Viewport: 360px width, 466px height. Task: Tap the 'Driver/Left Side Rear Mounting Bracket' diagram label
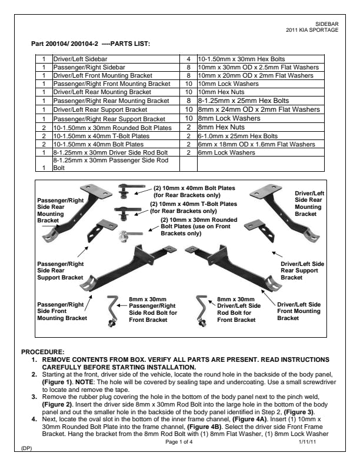click(x=308, y=204)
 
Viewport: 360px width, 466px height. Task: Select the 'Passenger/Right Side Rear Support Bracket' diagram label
click(x=61, y=271)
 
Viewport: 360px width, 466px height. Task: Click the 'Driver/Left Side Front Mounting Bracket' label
click(x=299, y=311)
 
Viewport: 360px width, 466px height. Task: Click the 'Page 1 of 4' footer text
click(x=179, y=441)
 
